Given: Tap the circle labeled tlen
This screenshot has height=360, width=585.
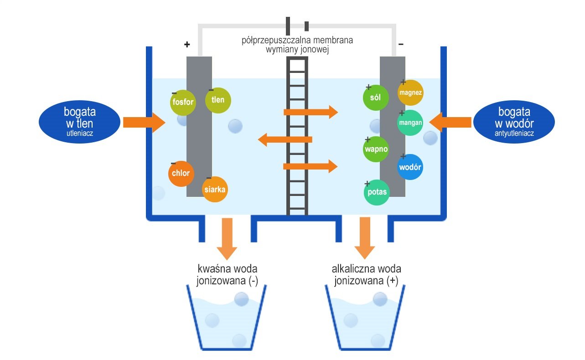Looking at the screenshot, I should point(218,100).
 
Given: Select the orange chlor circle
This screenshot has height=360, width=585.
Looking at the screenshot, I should point(181,173).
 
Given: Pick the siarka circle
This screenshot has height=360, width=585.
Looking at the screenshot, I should point(215,189).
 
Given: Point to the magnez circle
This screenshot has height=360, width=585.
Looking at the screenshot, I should point(410,93).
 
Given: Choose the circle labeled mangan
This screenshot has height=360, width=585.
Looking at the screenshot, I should point(410,123).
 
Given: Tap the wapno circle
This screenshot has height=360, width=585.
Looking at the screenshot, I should point(376,149).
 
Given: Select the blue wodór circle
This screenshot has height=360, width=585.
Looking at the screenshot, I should point(410,167).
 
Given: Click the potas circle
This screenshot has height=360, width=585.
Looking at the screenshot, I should point(377,192).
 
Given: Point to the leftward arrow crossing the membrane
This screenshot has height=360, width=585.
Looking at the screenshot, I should point(285,139).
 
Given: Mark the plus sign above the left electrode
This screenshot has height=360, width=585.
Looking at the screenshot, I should point(186,44).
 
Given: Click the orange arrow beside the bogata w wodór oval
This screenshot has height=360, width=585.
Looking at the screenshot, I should point(450,122).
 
